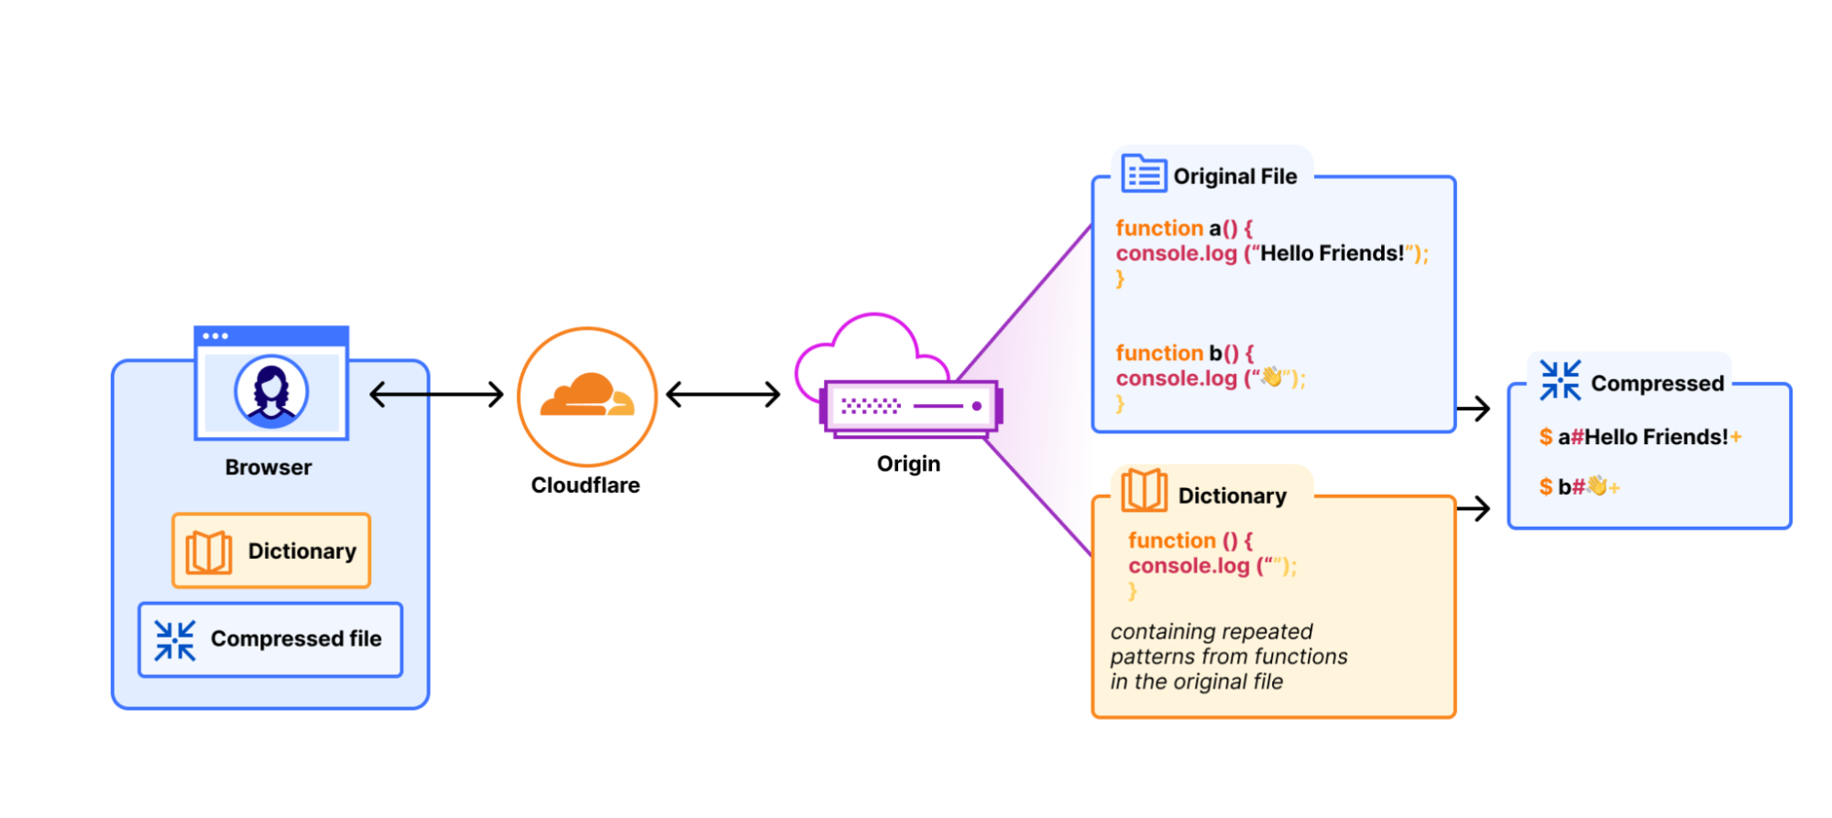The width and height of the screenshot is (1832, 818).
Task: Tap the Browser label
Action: [269, 467]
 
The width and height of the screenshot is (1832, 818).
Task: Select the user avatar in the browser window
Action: [271, 391]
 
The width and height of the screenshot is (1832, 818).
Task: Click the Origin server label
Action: [908, 464]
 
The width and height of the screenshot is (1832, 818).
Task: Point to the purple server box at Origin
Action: [912, 406]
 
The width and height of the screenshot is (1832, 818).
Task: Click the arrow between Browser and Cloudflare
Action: [436, 395]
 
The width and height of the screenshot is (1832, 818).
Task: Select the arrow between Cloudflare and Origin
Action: [723, 395]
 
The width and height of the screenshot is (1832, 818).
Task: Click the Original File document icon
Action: [1144, 173]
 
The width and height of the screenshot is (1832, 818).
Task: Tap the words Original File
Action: [1234, 176]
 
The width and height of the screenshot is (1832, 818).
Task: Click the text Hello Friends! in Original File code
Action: [1332, 254]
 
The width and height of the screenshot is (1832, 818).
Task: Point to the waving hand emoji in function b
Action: [1272, 376]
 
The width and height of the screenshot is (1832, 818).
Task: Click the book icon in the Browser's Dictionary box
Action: [209, 551]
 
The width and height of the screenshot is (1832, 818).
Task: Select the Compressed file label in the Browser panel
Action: [296, 638]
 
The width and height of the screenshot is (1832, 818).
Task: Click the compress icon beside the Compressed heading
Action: [1560, 380]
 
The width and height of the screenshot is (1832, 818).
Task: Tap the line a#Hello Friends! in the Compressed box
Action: [1640, 437]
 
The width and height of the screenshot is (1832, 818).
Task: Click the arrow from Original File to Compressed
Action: [1474, 409]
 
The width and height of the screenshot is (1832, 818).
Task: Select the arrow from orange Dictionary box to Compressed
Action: [1474, 508]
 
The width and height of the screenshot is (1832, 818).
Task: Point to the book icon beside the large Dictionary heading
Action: [1144, 491]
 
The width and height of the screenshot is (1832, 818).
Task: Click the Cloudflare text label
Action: [586, 485]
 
